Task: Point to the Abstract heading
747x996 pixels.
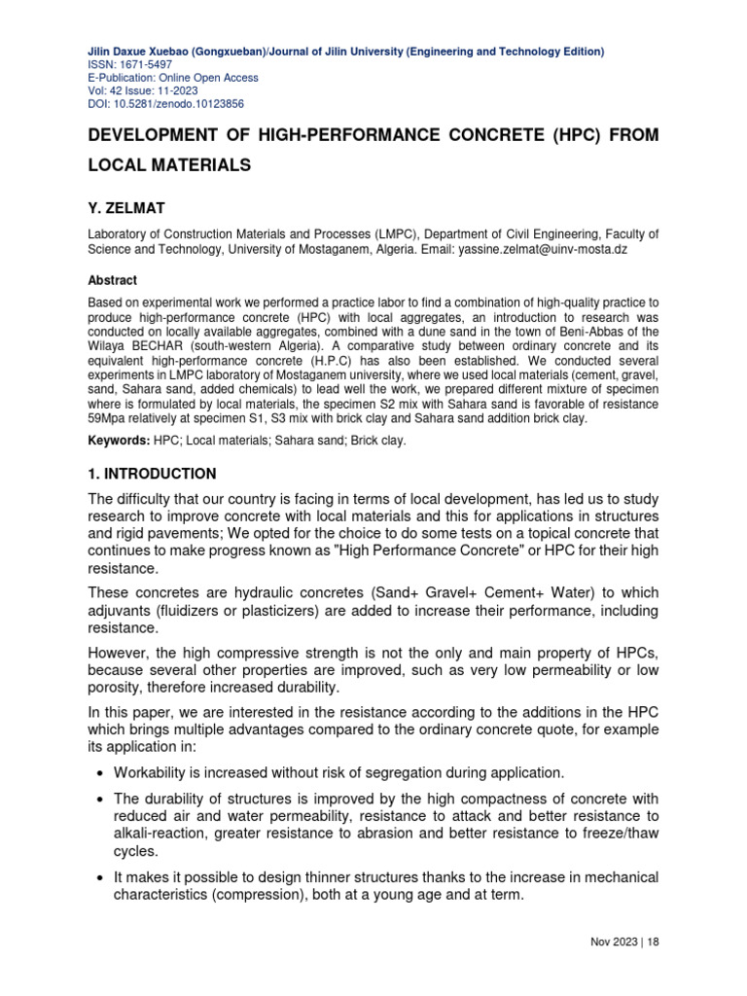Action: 113,280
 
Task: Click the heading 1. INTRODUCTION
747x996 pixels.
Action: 153,474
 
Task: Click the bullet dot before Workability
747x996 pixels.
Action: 102,773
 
